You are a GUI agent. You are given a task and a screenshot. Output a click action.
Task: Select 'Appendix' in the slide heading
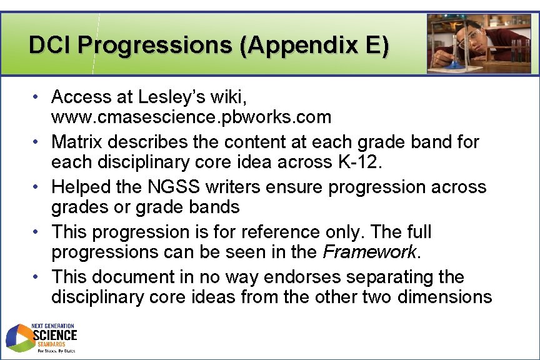[284, 45]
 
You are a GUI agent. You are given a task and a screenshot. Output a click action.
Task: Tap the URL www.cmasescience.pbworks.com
[191, 116]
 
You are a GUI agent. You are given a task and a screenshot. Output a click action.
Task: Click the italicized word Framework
[369, 251]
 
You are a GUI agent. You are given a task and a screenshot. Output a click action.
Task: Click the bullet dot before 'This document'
[38, 277]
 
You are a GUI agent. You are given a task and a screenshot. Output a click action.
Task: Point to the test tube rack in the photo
[516, 52]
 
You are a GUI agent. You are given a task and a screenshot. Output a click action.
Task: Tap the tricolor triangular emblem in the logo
[19, 338]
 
